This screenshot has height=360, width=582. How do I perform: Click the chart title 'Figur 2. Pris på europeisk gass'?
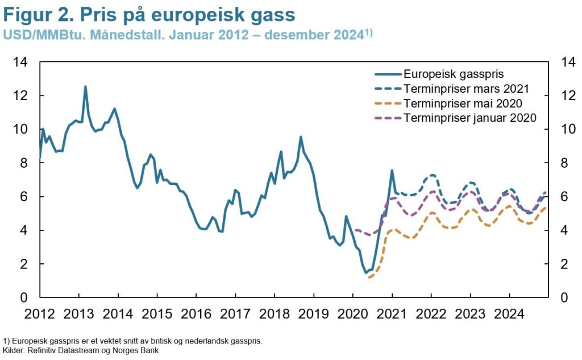(x=149, y=14)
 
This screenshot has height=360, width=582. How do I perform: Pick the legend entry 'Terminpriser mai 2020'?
(x=463, y=104)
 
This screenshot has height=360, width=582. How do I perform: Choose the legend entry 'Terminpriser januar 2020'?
(x=470, y=118)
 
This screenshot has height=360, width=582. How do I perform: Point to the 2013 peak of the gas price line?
(x=85, y=87)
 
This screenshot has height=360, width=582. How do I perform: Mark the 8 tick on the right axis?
(x=564, y=163)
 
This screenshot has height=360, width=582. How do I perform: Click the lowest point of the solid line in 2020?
(x=366, y=273)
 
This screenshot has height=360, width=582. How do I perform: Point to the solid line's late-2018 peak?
(x=301, y=137)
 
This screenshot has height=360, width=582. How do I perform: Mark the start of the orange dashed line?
(x=369, y=278)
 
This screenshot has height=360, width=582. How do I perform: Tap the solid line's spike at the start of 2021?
(x=392, y=170)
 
